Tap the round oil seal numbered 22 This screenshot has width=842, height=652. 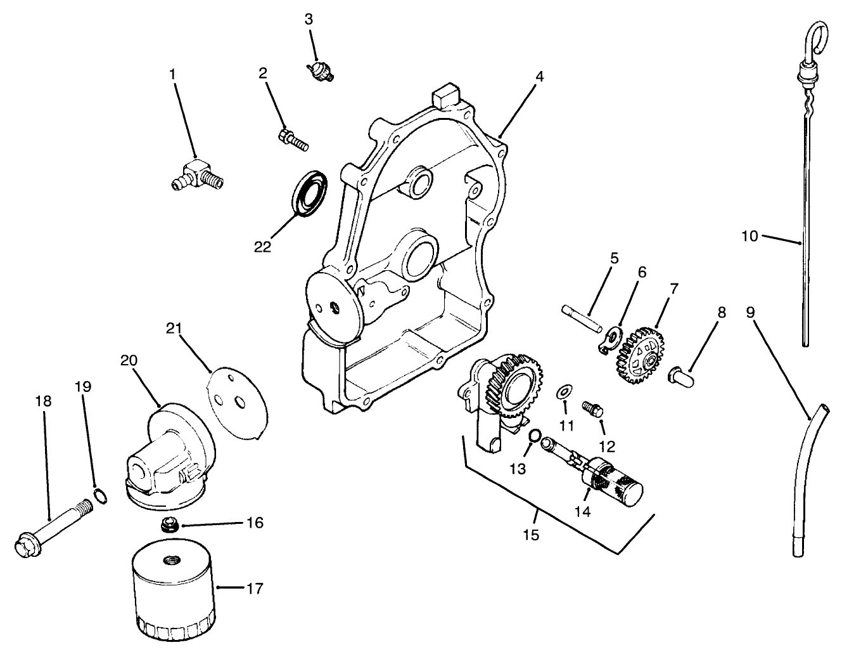(x=309, y=193)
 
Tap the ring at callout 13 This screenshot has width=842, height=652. (x=534, y=436)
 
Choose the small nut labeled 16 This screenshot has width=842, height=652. (x=169, y=524)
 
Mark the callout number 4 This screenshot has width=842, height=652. (x=539, y=76)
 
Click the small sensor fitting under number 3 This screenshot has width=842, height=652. (x=320, y=70)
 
